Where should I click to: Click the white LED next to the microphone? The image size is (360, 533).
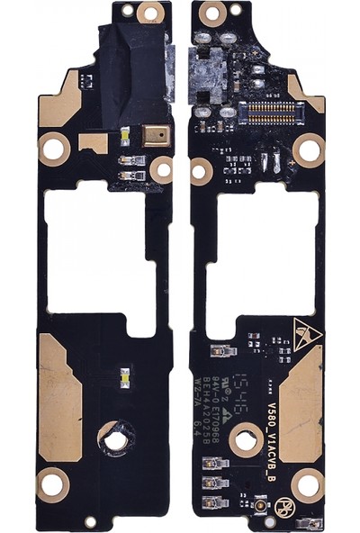pos(124,138)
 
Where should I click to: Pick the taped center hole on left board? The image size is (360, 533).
pos(114,440)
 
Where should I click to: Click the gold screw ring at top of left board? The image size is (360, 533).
pos(150,12)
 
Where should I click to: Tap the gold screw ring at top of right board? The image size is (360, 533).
pos(212,13)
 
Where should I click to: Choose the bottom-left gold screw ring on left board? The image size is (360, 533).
pos(52,486)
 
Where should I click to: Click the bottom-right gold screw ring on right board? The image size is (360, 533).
pos(307,485)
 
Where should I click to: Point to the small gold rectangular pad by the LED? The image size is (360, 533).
pos(92,142)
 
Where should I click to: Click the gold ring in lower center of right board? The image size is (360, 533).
pos(245,441)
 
